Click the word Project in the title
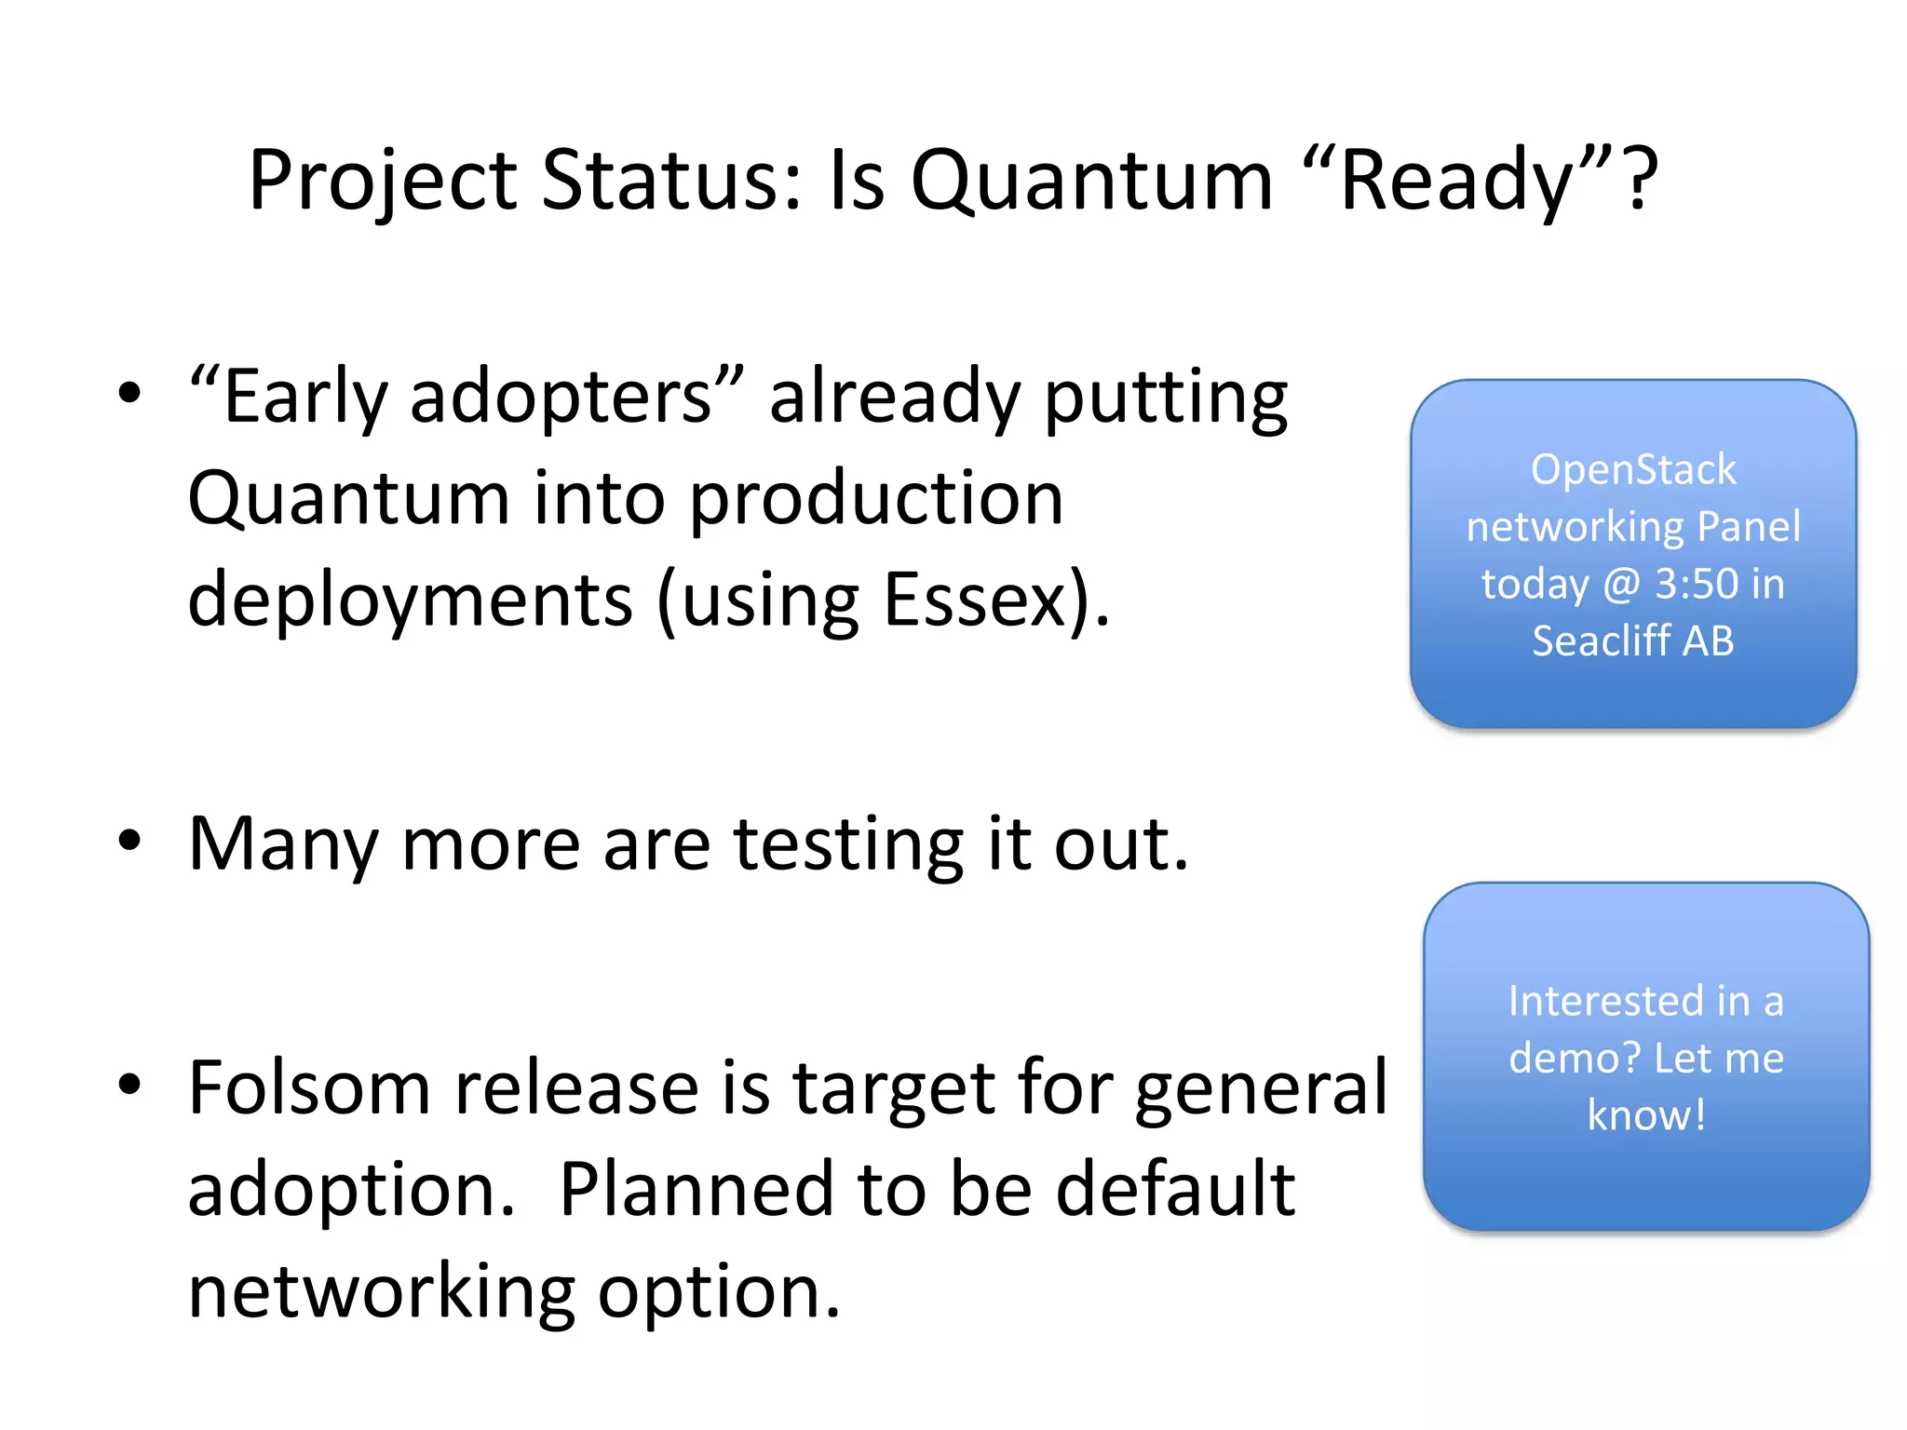point(383,182)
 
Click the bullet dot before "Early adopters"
point(129,393)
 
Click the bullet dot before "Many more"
point(129,841)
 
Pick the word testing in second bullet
point(848,845)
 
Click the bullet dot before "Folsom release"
point(129,1084)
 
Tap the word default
point(1174,1189)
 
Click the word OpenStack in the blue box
point(1633,469)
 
